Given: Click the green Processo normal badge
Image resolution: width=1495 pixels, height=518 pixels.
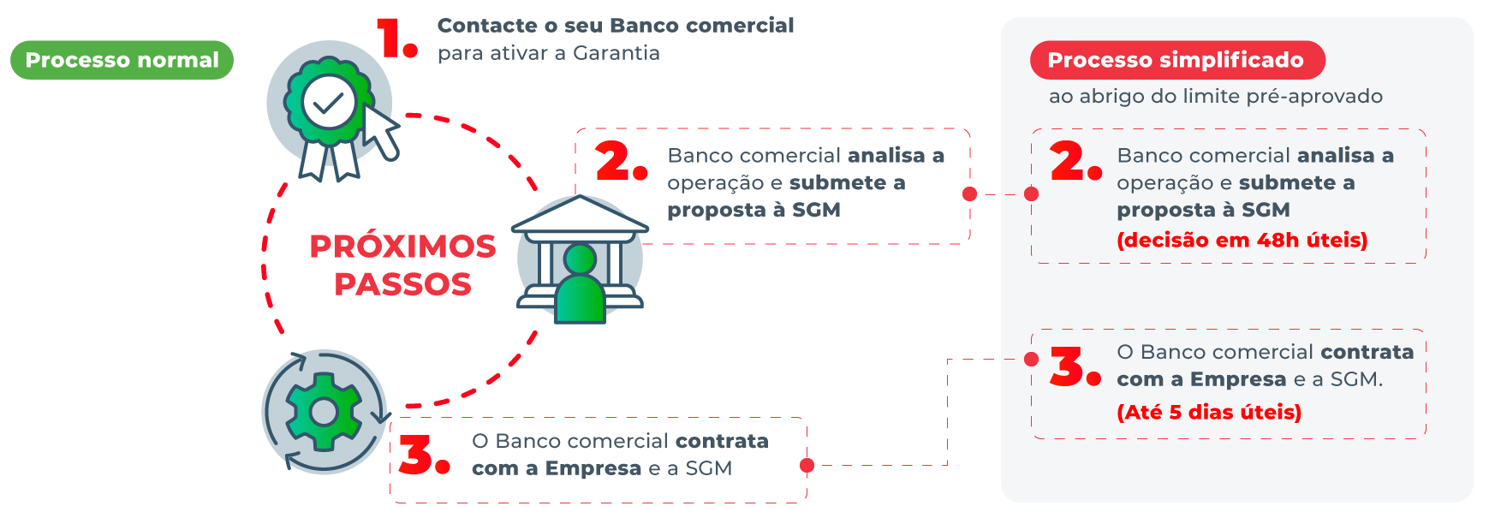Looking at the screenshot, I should pos(122,60).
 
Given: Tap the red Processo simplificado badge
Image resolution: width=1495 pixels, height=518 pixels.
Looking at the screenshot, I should pos(1176,60).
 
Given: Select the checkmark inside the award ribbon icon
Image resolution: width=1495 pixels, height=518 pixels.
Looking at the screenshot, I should pos(328,103).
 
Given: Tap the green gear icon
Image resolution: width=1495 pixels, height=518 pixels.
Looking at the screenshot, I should pos(324,412).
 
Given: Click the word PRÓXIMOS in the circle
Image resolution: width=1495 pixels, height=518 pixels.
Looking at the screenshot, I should pos(402,247).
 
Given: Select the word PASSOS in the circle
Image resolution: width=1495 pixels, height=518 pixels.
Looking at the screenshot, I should pos(402,284).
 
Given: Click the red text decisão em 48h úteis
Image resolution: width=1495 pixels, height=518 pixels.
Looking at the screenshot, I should pos(1242,241).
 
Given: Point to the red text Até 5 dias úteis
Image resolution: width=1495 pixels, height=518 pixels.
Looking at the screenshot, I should pos(1209,413).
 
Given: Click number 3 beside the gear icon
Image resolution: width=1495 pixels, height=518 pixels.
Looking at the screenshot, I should pos(422,455).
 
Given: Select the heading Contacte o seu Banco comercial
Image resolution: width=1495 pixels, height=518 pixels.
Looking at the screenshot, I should pos(616,26).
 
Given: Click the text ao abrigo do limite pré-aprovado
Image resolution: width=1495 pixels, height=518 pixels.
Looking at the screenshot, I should pos(1215,96).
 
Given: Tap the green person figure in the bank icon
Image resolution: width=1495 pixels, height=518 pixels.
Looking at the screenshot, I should pos(580,287).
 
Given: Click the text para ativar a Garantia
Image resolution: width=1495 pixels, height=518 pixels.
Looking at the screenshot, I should pos(548,53).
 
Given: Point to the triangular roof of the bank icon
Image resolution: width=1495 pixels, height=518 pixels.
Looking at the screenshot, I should pos(580,214).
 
